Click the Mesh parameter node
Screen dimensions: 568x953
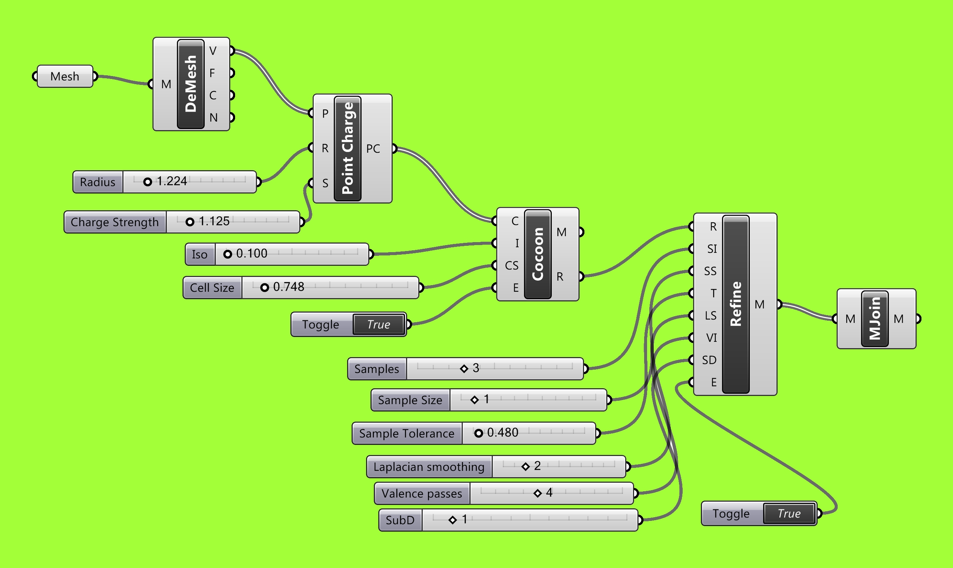(x=65, y=76)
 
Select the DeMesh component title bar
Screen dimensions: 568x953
(x=191, y=84)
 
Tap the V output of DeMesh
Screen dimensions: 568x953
(x=213, y=50)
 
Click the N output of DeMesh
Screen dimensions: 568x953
(x=213, y=118)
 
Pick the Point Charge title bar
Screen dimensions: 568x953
(x=347, y=149)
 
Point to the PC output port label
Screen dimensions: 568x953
(x=373, y=149)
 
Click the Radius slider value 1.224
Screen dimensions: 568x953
(x=171, y=181)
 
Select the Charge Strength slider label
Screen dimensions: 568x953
(x=115, y=222)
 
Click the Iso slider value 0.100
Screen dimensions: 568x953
(x=251, y=254)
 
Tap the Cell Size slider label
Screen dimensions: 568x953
(x=212, y=287)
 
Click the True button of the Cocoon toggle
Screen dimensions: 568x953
(x=379, y=324)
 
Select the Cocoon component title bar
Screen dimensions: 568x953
(x=537, y=254)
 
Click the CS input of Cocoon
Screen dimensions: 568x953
(x=511, y=265)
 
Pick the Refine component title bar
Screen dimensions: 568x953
(x=736, y=304)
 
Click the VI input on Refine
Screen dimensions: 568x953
(x=711, y=338)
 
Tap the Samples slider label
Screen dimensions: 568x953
(x=377, y=369)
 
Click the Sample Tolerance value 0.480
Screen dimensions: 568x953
(x=502, y=433)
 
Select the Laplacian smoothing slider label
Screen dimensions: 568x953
(x=429, y=466)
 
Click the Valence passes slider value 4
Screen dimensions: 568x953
(x=549, y=493)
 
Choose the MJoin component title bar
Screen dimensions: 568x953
(x=874, y=319)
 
